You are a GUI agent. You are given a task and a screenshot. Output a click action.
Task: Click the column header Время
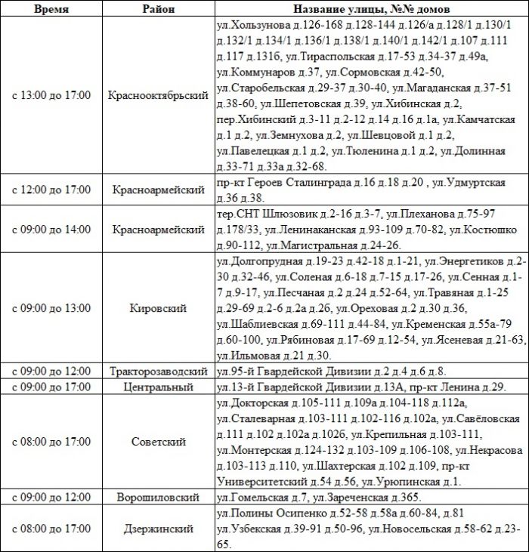click(x=51, y=10)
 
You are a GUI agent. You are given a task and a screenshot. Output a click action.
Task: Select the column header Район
click(x=159, y=10)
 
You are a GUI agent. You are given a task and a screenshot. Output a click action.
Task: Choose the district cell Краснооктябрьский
click(x=159, y=96)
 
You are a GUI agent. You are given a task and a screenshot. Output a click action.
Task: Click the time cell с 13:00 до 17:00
click(x=51, y=96)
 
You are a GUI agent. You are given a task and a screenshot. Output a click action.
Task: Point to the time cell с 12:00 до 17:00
click(x=51, y=190)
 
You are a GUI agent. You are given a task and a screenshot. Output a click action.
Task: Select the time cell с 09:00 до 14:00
click(x=51, y=228)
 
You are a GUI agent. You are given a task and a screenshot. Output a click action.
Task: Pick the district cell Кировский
click(x=159, y=308)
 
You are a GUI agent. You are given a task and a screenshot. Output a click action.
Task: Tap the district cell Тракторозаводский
click(x=159, y=372)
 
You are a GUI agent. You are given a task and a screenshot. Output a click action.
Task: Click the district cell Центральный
click(x=159, y=387)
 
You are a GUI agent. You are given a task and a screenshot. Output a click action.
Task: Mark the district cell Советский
click(x=159, y=442)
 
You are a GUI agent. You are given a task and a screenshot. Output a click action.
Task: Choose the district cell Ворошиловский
click(x=159, y=498)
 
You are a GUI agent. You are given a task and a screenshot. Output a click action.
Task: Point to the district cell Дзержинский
click(x=159, y=528)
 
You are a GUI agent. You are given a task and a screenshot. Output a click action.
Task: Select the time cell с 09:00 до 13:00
click(x=51, y=308)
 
